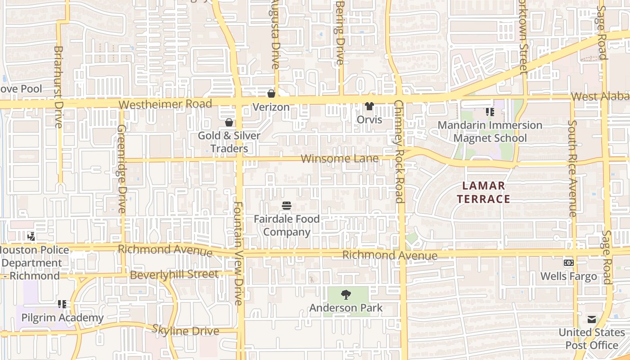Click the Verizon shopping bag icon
pyautogui.click(x=271, y=94)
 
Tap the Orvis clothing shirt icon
pyautogui.click(x=369, y=106)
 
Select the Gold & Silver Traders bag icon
pyautogui.click(x=229, y=122)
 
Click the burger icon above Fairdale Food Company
pyautogui.click(x=287, y=206)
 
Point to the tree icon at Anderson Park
pyautogui.click(x=346, y=295)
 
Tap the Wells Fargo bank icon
pyautogui.click(x=569, y=263)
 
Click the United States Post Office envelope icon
pyautogui.click(x=592, y=319)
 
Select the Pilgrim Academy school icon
pyautogui.click(x=62, y=305)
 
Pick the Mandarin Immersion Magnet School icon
pyautogui.click(x=490, y=112)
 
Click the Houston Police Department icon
pyautogui.click(x=31, y=236)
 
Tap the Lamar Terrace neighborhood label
pyautogui.click(x=483, y=192)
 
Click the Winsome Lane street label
pyautogui.click(x=339, y=158)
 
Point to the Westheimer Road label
pyautogui.click(x=165, y=104)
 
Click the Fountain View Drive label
pyautogui.click(x=238, y=253)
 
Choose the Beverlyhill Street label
pyautogui.click(x=174, y=274)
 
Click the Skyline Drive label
pyautogui.click(x=185, y=330)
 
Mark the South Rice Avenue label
pyautogui.click(x=572, y=168)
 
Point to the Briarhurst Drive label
pyautogui.click(x=58, y=86)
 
